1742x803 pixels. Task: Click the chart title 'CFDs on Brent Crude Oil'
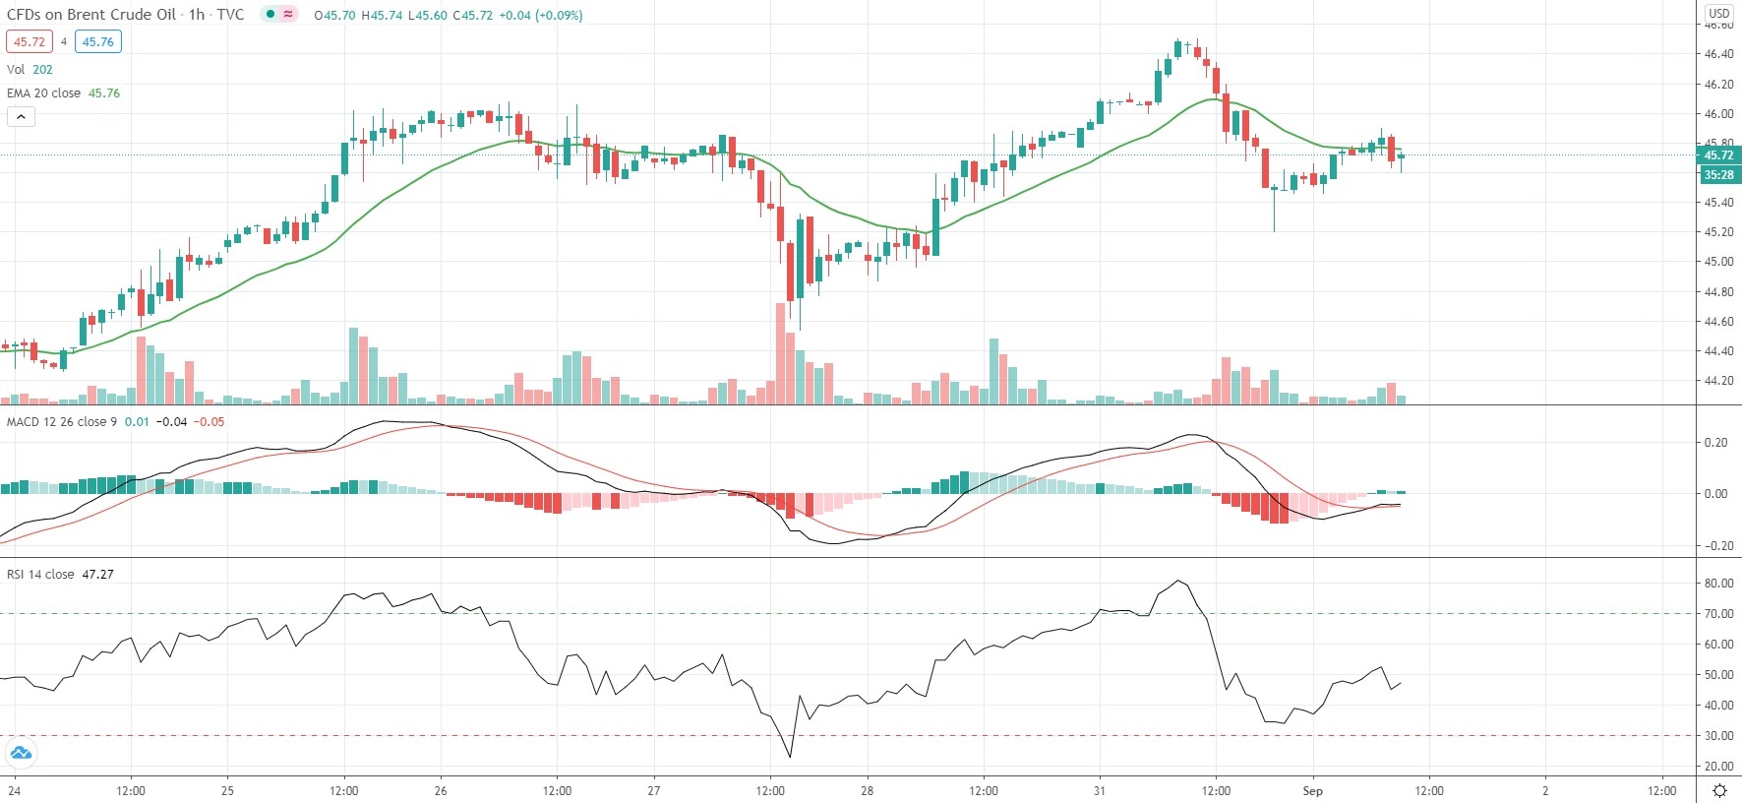[x=91, y=15]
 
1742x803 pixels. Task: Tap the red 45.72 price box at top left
[x=29, y=41]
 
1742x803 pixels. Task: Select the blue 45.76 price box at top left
[x=97, y=41]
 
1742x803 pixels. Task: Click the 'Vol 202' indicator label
[x=30, y=69]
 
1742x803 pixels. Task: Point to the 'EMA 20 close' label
[x=44, y=93]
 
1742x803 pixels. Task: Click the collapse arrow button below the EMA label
[x=21, y=116]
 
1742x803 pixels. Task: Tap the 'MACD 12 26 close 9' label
[x=62, y=421]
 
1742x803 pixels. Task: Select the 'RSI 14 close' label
[x=40, y=574]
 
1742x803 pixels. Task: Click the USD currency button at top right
[x=1718, y=13]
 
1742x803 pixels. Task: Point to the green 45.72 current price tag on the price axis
[x=1718, y=155]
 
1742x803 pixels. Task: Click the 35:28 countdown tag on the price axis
[x=1718, y=175]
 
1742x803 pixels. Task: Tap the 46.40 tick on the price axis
[x=1718, y=54]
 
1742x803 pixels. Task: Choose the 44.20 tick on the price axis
[x=1718, y=381]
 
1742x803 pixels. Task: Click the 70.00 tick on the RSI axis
[x=1718, y=614]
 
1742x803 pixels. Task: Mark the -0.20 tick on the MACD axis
[x=1716, y=546]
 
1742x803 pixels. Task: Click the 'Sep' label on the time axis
[x=1312, y=790]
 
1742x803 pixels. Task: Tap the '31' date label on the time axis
[x=1099, y=790]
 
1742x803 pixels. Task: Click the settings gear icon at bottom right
[x=1719, y=790]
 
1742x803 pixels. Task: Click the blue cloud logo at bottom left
[x=20, y=754]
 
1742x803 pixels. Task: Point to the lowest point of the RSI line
[x=790, y=757]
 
